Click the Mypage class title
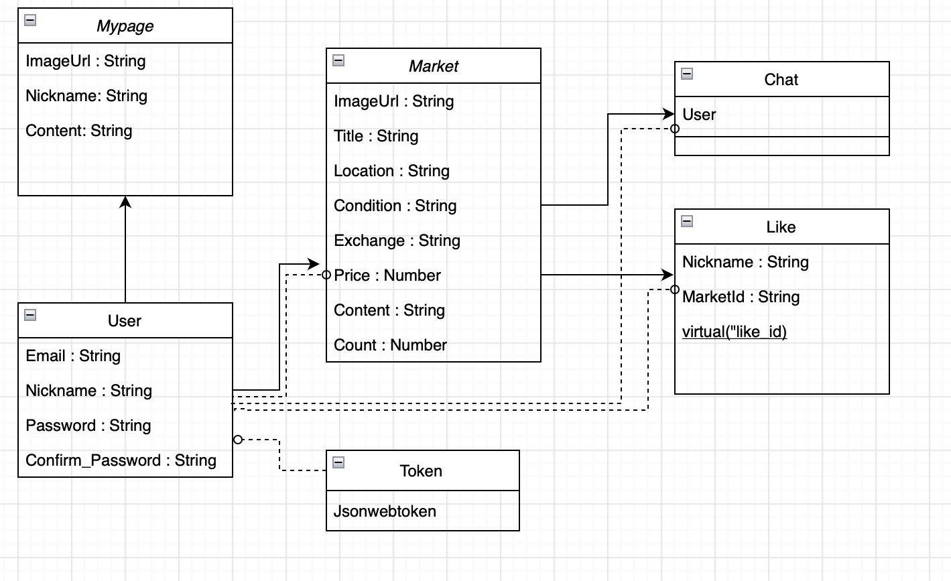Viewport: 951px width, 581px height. [125, 26]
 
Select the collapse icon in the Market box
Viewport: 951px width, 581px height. [338, 60]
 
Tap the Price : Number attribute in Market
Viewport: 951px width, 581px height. [387, 275]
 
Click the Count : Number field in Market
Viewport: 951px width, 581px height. [390, 345]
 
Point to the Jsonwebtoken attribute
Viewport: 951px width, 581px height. [385, 511]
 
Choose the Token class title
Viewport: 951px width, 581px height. [421, 471]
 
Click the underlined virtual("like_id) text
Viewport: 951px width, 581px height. [734, 332]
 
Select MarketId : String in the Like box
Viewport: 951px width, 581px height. [741, 297]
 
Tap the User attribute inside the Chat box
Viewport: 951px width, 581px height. [699, 115]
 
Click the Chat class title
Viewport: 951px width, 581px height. [781, 80]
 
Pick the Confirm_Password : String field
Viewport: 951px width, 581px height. [121, 460]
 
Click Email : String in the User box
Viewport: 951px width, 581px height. [73, 356]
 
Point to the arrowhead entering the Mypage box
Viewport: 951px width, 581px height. [125, 202]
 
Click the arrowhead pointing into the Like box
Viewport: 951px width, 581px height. [668, 275]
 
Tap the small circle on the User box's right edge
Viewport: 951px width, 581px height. [237, 440]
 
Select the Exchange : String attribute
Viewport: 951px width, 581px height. [397, 241]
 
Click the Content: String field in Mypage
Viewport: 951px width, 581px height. [79, 131]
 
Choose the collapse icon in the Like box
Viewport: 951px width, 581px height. [687, 221]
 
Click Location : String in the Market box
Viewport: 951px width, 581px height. [391, 171]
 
